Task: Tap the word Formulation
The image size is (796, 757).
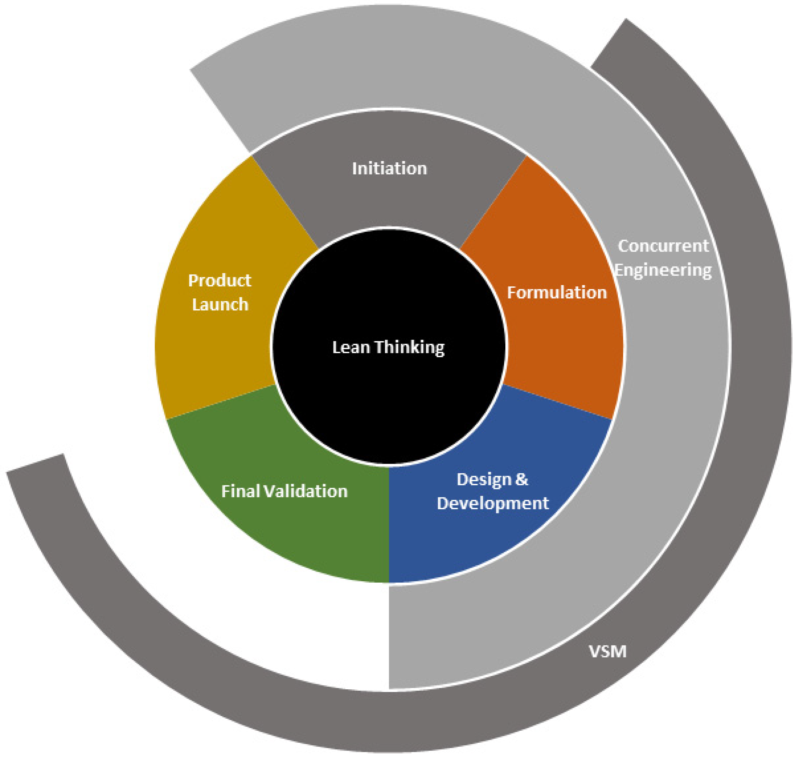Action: [x=557, y=293]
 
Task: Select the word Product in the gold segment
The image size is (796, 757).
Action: [x=220, y=281]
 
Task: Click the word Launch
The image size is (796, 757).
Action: [x=220, y=305]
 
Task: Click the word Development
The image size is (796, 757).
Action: [x=492, y=503]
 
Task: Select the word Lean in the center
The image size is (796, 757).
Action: [x=351, y=347]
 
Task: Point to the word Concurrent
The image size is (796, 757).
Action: [x=663, y=246]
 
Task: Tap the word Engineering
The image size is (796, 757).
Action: [x=663, y=270]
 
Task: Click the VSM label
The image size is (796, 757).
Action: [x=608, y=651]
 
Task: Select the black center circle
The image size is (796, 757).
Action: [x=388, y=395]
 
